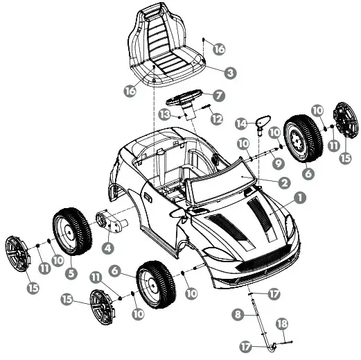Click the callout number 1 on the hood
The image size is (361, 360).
[x=299, y=198]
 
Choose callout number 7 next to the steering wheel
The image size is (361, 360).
[x=218, y=95]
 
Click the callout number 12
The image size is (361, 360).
[x=216, y=119]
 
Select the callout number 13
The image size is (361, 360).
[x=164, y=113]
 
